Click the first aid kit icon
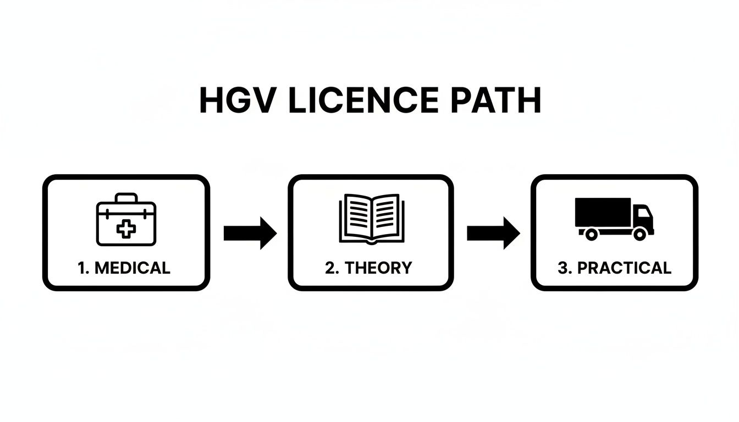coord(126,219)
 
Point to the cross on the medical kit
coord(126,229)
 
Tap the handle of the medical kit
coord(126,197)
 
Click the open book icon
coord(371,219)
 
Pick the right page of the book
coord(386,216)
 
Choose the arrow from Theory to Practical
coord(493,233)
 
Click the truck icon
coord(614,218)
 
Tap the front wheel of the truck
coord(639,234)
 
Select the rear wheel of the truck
coord(591,234)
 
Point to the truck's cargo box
coord(603,212)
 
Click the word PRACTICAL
coord(624,268)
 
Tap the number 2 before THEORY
coord(329,268)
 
